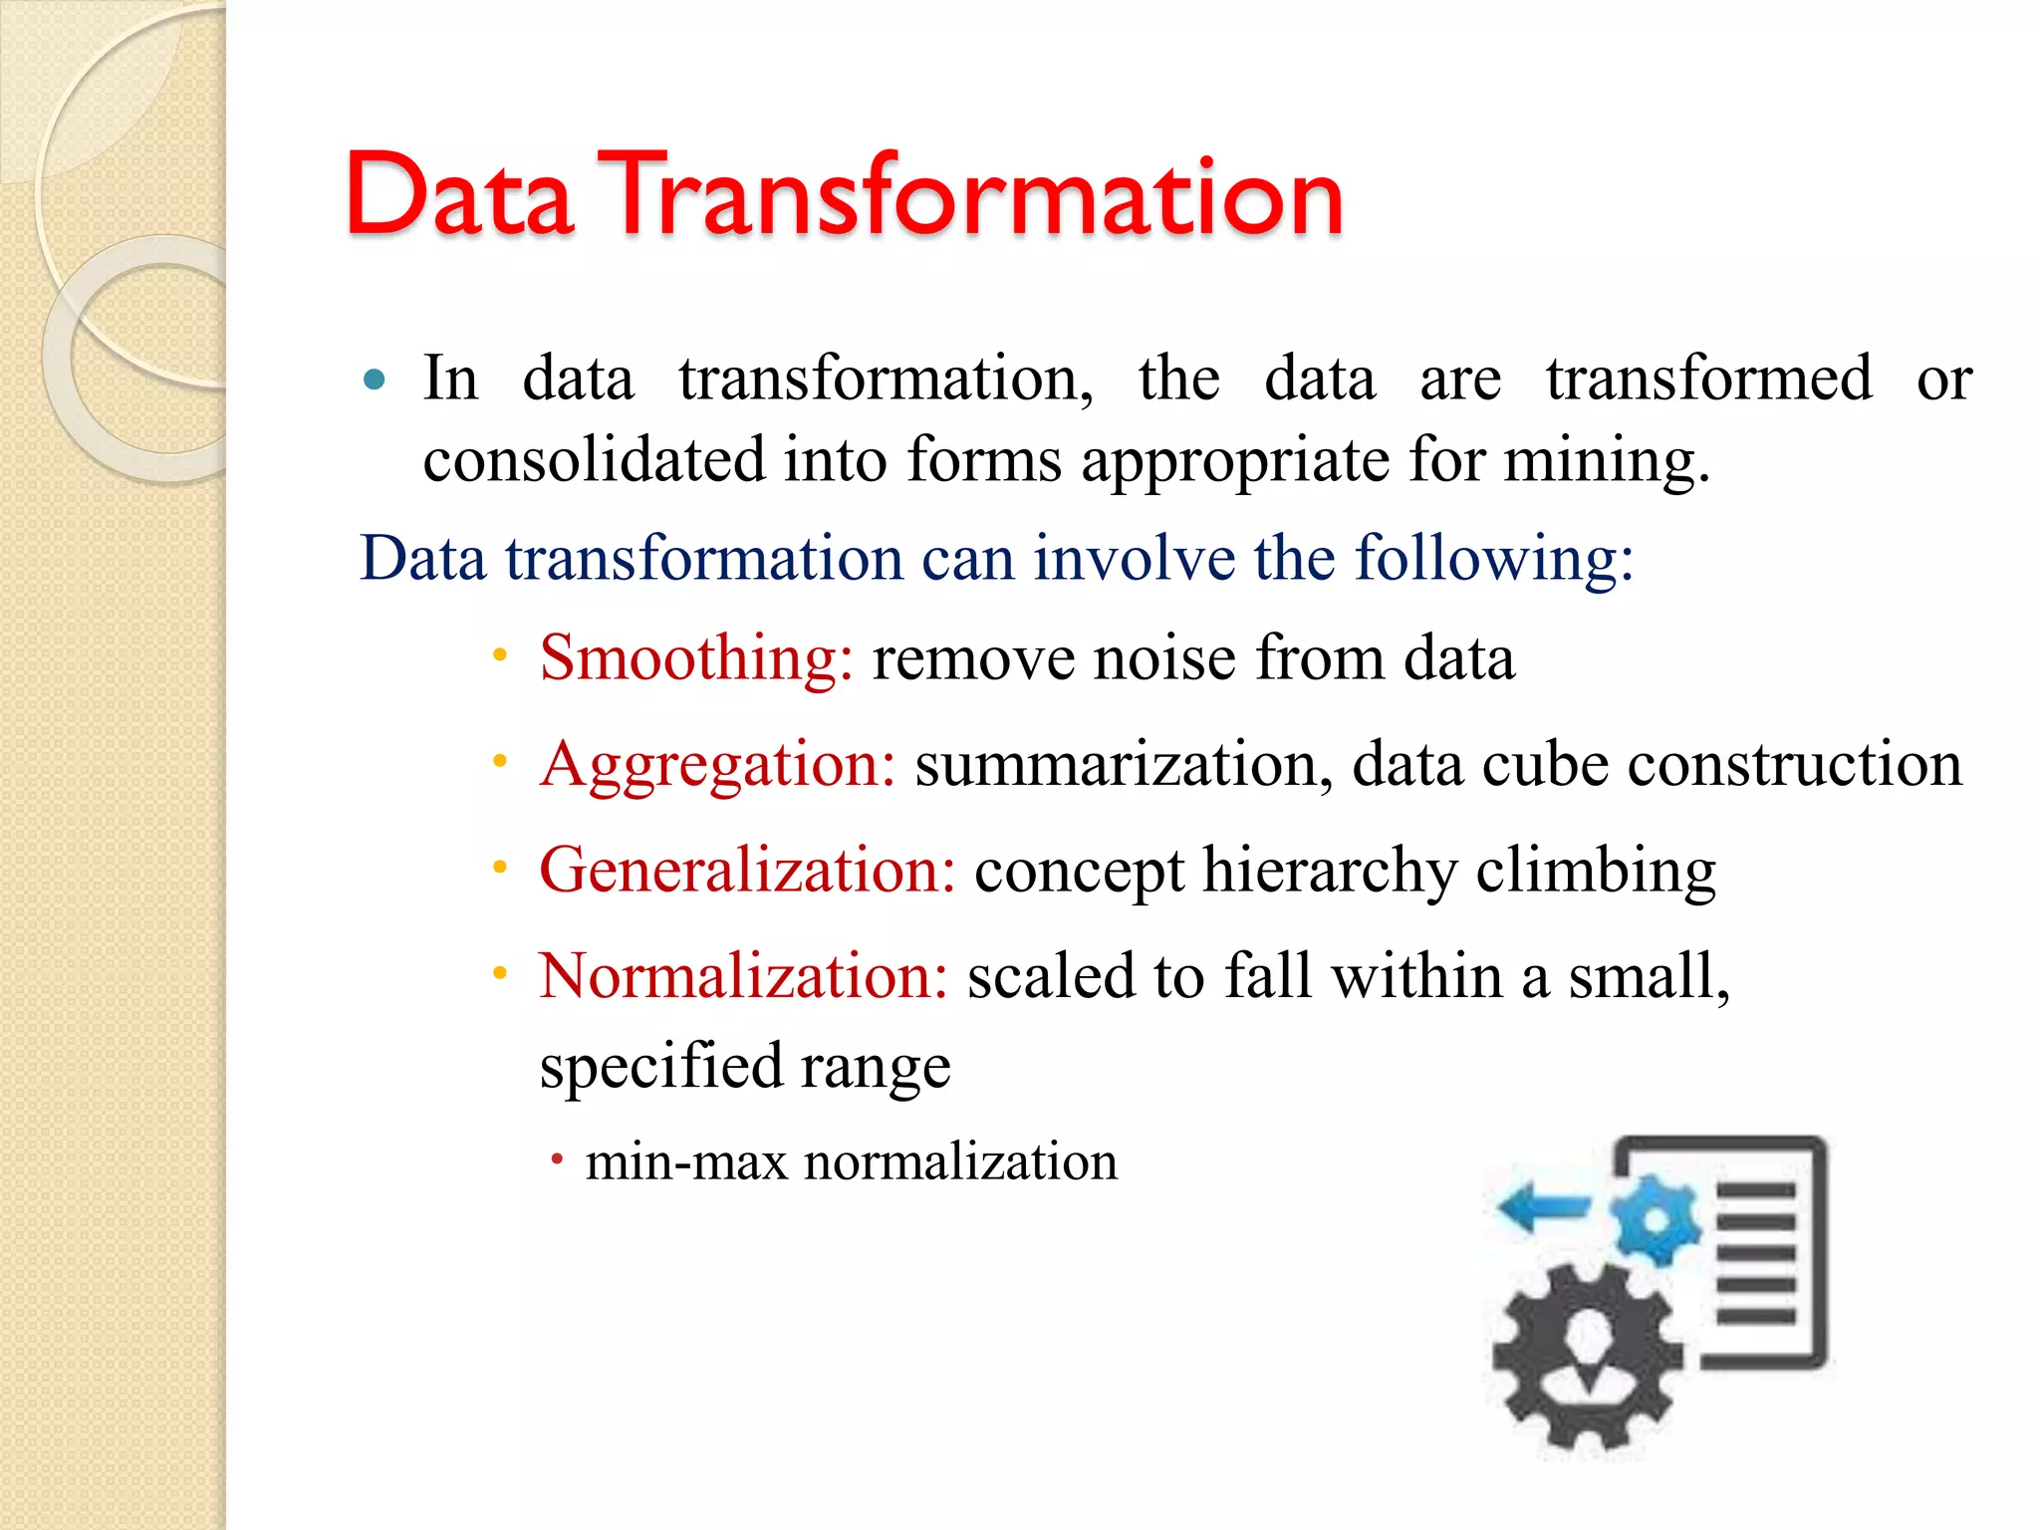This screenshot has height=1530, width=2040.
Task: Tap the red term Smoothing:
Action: [696, 658]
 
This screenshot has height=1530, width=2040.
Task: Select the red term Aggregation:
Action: [718, 765]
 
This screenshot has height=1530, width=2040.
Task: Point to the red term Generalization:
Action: [747, 871]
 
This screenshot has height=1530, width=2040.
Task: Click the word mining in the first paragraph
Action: [1605, 460]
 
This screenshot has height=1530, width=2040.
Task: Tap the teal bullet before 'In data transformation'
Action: [375, 380]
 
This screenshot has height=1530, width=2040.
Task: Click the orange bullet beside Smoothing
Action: [500, 655]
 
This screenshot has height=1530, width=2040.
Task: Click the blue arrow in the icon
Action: [1543, 1207]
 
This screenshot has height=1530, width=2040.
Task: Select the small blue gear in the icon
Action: [1655, 1220]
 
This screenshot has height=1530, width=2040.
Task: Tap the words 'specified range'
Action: [745, 1067]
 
